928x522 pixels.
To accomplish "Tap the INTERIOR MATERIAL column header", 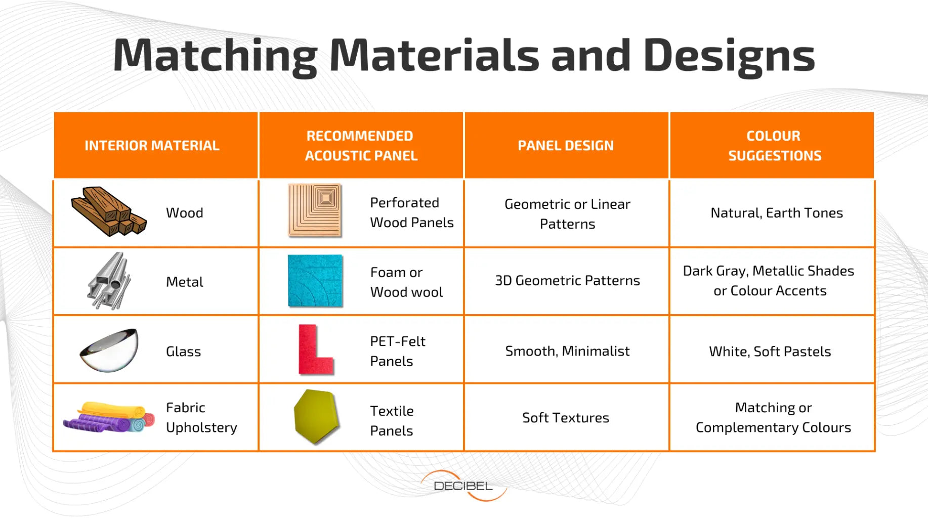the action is (152, 146).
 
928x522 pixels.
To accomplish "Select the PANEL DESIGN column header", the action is (566, 146).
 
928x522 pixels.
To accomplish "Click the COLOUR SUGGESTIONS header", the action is (774, 146).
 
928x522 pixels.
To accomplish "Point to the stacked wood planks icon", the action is (108, 211).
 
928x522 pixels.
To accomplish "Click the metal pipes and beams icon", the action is (109, 281).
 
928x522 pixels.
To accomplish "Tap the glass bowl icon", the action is (109, 351).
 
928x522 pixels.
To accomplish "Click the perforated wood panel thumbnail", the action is (315, 210).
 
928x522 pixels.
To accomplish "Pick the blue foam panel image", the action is (315, 281).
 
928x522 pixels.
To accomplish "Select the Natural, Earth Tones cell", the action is (777, 213).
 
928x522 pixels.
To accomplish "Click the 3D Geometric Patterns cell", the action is (567, 281).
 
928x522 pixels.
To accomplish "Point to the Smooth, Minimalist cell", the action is (567, 351).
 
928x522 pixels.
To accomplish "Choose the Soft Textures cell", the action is (566, 418).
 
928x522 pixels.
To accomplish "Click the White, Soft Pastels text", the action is (770, 352).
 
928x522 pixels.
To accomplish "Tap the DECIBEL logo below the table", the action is (463, 486).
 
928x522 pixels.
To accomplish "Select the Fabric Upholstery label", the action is (201, 418).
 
